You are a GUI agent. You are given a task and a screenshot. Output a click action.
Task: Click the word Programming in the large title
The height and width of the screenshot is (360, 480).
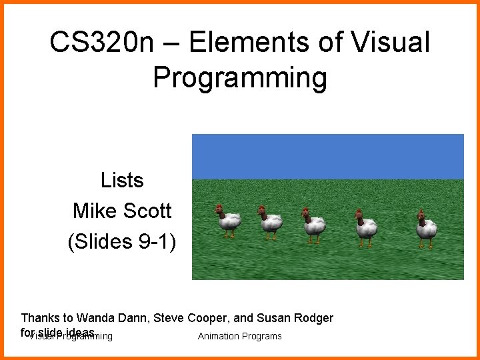[x=240, y=77]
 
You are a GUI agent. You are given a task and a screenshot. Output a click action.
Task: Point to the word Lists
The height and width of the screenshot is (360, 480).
[x=122, y=180]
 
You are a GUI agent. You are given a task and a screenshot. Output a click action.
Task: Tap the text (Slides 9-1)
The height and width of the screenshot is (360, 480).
[x=122, y=241]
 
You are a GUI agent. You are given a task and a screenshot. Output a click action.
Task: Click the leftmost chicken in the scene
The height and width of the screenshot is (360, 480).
[x=229, y=221]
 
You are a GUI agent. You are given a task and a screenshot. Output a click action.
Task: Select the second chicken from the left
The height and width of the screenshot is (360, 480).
[x=270, y=222]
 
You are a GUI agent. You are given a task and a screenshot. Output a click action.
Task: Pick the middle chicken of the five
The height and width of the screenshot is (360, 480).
[x=313, y=224]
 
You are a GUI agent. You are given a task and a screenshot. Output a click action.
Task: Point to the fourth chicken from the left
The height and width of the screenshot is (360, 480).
[x=365, y=226]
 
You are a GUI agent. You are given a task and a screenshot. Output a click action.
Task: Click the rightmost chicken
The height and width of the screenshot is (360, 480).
[x=425, y=227]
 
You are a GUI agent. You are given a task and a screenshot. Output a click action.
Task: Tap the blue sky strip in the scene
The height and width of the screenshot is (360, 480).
[x=327, y=156]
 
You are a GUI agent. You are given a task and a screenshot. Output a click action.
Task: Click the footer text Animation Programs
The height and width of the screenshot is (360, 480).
[x=239, y=336]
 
